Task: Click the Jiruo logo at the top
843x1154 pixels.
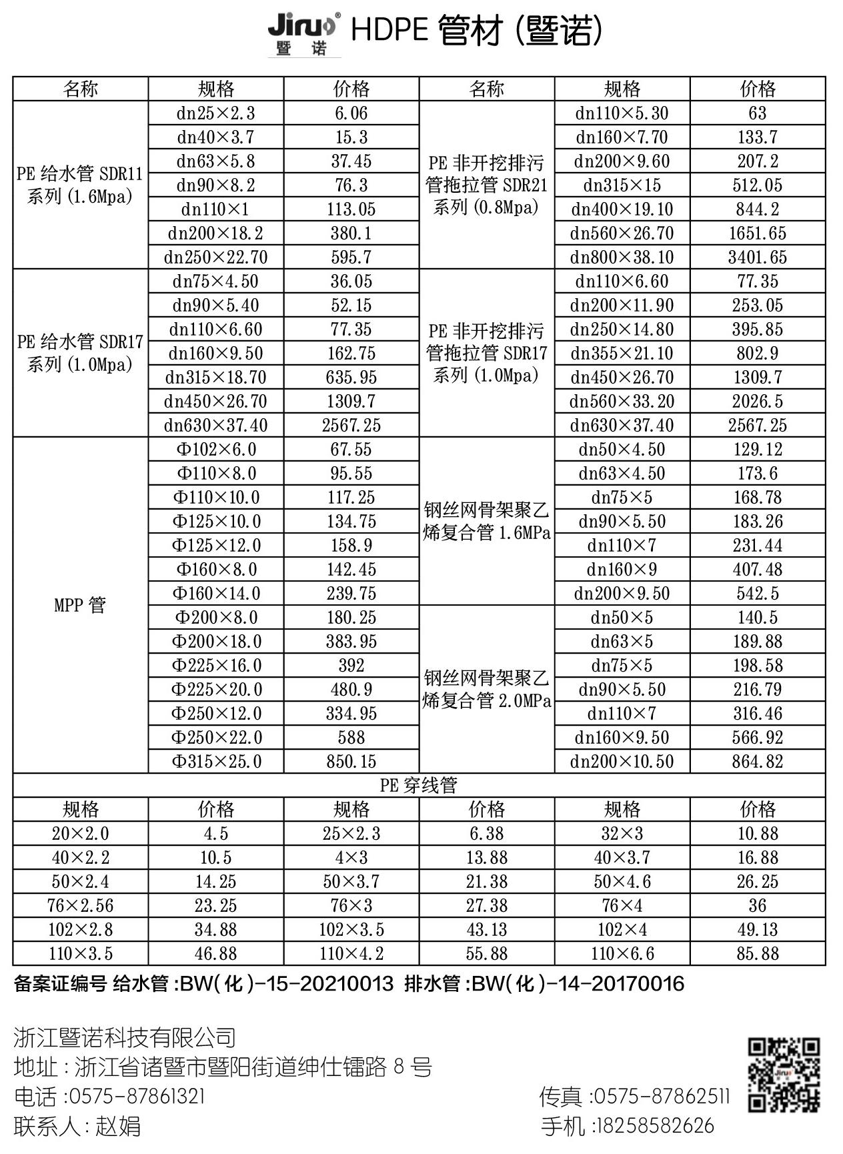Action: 304,34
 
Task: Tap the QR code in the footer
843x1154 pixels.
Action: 783,1074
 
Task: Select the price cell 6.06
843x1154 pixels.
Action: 351,113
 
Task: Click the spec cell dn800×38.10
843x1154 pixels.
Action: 622,257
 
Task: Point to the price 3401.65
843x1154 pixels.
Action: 757,257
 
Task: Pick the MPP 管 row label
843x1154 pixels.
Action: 80,605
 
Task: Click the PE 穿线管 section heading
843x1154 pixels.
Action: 419,785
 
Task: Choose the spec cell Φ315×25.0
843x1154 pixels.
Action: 216,761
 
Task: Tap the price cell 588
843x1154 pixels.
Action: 351,737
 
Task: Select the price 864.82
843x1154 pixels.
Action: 757,761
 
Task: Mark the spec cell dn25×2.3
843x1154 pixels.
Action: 216,113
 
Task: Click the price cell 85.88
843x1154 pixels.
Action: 757,953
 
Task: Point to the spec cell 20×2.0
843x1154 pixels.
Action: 80,833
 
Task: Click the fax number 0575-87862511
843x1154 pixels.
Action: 662,1096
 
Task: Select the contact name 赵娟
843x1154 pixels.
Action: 119,1126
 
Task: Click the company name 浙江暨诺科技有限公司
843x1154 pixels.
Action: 125,1037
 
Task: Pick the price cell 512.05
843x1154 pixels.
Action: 757,185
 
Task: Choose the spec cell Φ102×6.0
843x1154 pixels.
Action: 216,450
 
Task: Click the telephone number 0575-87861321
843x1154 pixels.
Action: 137,1096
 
